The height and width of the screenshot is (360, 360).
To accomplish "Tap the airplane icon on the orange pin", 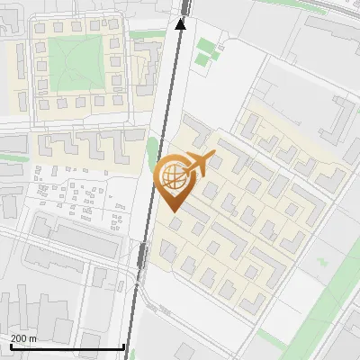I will pos(197,164).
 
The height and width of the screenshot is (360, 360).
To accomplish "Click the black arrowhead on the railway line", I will pos(180,23).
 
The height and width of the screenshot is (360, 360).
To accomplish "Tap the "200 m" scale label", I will pos(24,338).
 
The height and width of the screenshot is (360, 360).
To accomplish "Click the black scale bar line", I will pos(67,347).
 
